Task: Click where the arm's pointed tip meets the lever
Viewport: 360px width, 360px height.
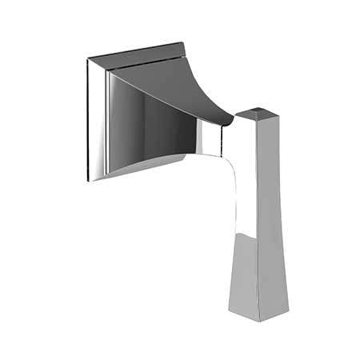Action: coord(234,122)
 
